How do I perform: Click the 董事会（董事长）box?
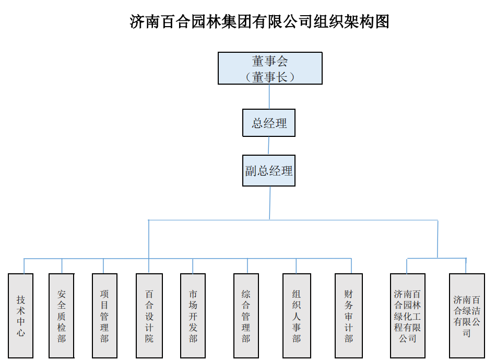pos(270,68)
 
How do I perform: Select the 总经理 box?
pos(269,123)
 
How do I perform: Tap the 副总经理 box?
pos(269,170)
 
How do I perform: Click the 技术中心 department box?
pos(21,316)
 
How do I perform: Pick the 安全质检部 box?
pos(62,316)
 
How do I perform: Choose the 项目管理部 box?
pos(104,316)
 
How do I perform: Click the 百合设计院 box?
pos(149,316)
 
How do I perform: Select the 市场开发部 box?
pos(193,316)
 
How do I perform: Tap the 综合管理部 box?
pos(246,316)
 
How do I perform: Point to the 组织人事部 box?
pos(297,316)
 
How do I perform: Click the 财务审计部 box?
pos(349,316)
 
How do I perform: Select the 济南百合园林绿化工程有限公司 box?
pos(408,316)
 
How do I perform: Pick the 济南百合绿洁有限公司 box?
pos(467,316)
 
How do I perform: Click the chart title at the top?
pos(259,22)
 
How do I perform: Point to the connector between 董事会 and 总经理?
pos(269,97)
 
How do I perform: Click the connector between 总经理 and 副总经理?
pos(269,146)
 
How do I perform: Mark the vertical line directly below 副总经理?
pos(270,203)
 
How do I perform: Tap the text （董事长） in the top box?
pos(270,76)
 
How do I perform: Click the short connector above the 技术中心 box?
pos(24,266)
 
